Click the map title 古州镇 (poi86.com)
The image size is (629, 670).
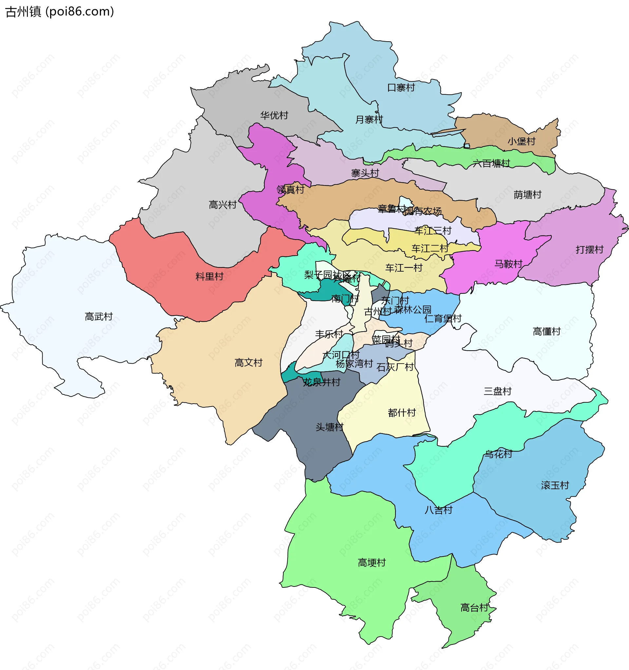pyautogui.click(x=60, y=12)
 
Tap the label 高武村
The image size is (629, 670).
pyautogui.click(x=98, y=316)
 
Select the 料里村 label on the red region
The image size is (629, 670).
pyautogui.click(x=209, y=277)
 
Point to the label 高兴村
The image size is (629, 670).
pyautogui.click(x=222, y=204)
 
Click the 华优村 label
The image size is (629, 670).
pyautogui.click(x=274, y=115)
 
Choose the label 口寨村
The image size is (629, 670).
pyautogui.click(x=401, y=87)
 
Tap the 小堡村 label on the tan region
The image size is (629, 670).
pyautogui.click(x=521, y=141)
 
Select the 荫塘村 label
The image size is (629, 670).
pyautogui.click(x=527, y=195)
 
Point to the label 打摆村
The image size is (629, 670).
pyautogui.click(x=589, y=249)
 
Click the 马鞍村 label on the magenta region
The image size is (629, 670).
pyautogui.click(x=508, y=263)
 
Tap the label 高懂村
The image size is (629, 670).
pyautogui.click(x=546, y=331)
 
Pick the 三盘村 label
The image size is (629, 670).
pyautogui.click(x=497, y=391)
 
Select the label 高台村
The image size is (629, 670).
pyautogui.click(x=474, y=608)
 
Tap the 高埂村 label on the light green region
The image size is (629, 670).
pyautogui.click(x=372, y=563)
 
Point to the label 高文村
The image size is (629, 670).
pyautogui.click(x=248, y=363)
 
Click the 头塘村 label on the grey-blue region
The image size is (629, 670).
pyautogui.click(x=329, y=427)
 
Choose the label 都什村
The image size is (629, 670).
pyautogui.click(x=401, y=412)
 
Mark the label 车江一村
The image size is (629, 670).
pyautogui.click(x=404, y=268)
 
